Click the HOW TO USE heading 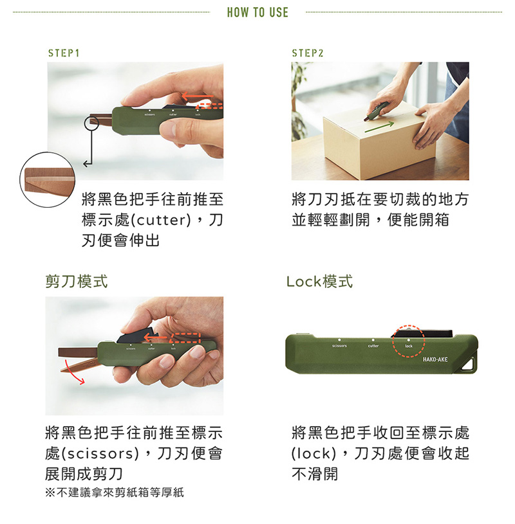(x=257, y=12)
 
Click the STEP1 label (x=64, y=53)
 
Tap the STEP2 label (x=308, y=53)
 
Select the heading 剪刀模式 (x=77, y=282)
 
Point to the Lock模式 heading (x=319, y=282)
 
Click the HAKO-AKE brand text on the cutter (x=435, y=359)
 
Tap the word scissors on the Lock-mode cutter (x=339, y=346)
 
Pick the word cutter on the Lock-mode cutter (x=373, y=346)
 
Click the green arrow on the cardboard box (x=379, y=127)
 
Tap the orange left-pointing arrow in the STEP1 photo (x=198, y=96)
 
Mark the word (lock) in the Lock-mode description (x=314, y=453)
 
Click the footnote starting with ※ (x=115, y=492)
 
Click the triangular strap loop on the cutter (x=469, y=365)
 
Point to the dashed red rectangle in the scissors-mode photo (x=185, y=338)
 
